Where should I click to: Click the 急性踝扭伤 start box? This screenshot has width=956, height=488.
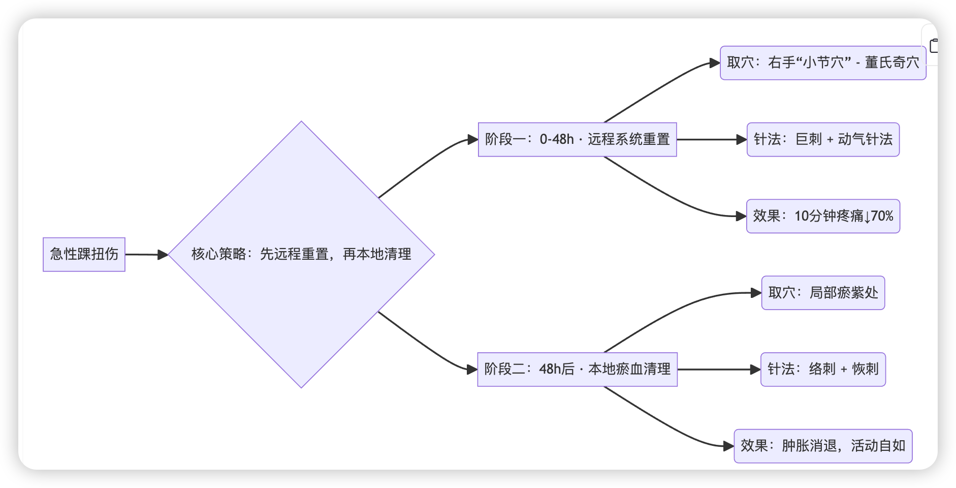point(84,254)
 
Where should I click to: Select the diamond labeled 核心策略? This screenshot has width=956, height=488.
point(301,254)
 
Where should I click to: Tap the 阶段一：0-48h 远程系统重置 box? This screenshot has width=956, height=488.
point(577,139)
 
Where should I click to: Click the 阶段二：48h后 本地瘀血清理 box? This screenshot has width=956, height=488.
point(577,370)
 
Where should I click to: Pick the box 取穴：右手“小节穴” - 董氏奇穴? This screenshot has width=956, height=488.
point(822,63)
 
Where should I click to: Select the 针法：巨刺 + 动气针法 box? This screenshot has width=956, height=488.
point(823,139)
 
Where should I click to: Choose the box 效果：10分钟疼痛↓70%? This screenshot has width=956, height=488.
point(823,216)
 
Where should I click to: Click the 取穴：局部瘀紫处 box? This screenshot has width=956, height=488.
point(823,293)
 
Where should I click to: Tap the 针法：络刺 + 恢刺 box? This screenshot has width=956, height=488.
point(823,370)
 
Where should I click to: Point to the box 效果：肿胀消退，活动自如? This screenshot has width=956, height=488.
point(823,446)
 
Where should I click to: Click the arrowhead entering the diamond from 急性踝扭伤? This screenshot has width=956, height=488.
point(163,255)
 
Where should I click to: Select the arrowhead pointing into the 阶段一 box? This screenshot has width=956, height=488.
point(472,139)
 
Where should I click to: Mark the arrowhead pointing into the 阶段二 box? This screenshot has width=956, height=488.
point(472,370)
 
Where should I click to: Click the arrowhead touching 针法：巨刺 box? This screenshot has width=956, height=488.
point(741,139)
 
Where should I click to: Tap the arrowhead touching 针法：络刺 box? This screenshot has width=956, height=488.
point(755,370)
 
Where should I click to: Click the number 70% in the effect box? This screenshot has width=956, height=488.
point(882,216)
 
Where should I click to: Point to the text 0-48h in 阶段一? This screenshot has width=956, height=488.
point(556,139)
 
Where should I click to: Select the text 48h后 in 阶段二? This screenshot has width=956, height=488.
point(556,370)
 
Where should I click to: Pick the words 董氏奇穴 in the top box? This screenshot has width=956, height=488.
point(892,63)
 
